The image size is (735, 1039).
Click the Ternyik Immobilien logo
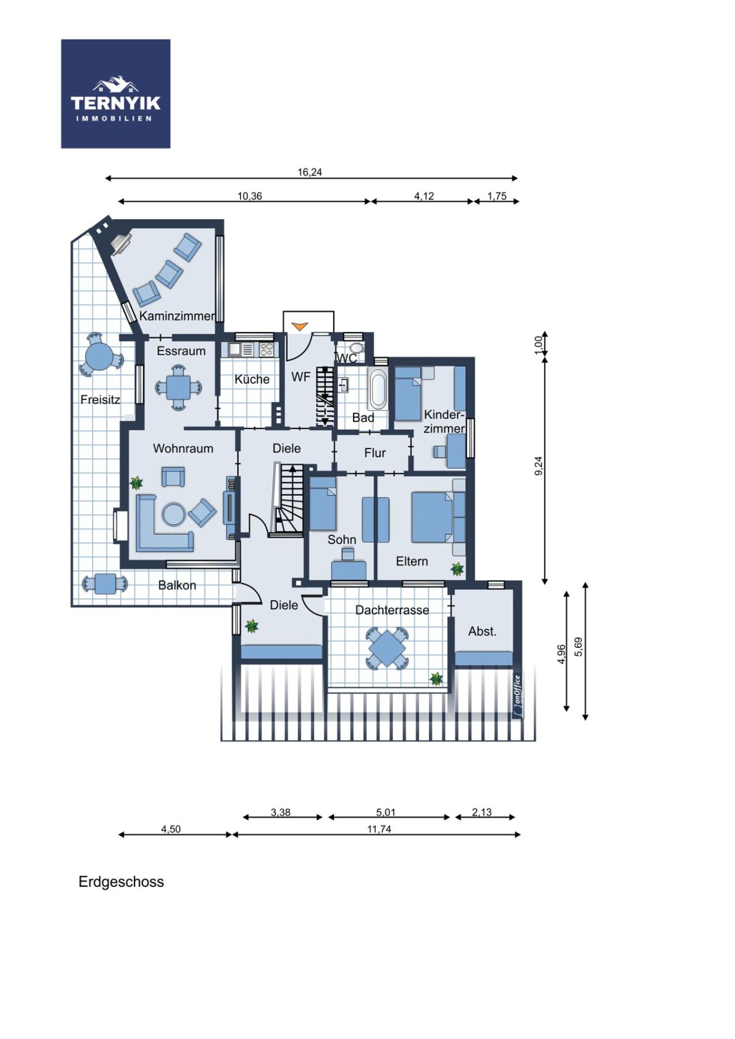(x=115, y=94)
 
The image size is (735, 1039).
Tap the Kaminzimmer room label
(x=177, y=316)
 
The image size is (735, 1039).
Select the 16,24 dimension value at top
(x=310, y=172)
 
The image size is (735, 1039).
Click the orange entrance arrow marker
(x=299, y=326)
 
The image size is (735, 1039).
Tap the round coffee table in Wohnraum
(x=173, y=514)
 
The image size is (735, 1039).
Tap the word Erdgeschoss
(x=121, y=882)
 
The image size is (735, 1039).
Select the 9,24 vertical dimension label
(x=538, y=465)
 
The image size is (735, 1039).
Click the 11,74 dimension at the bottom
(x=379, y=829)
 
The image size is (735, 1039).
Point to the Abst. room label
(x=482, y=632)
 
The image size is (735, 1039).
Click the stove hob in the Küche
(x=267, y=349)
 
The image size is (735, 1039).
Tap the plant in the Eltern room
(x=457, y=569)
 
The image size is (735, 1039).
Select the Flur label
(x=375, y=453)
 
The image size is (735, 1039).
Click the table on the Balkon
(x=105, y=584)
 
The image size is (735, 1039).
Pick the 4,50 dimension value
(x=171, y=829)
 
